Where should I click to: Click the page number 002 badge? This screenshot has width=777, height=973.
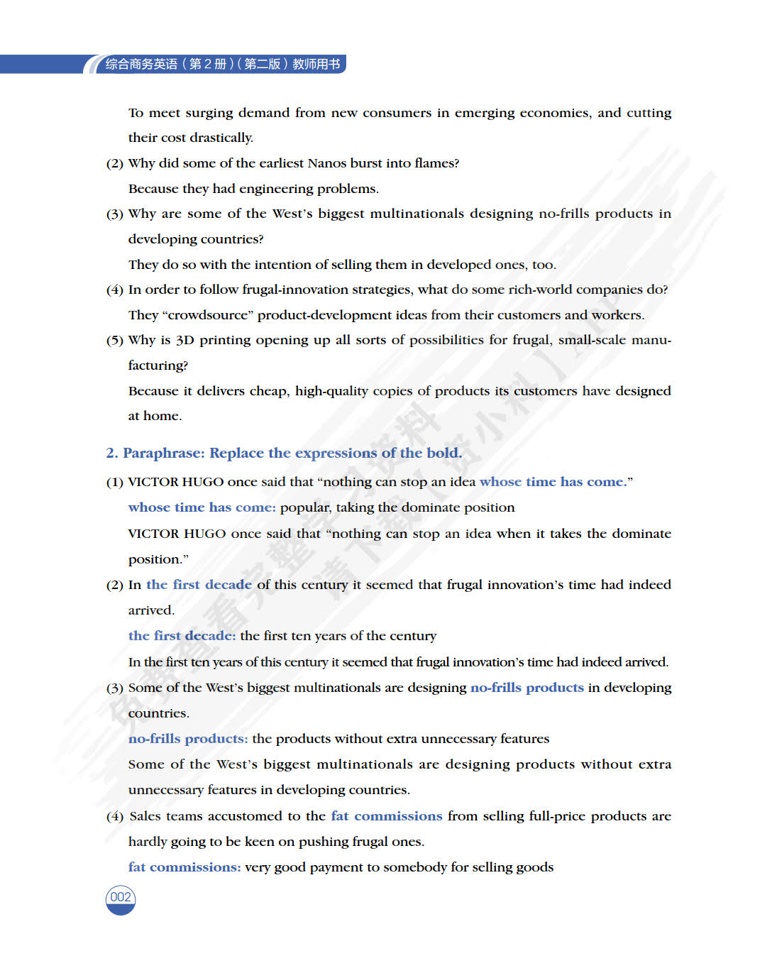(121, 898)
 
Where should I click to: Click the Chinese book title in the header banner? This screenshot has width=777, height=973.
(222, 64)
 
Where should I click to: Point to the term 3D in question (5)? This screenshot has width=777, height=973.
(184, 340)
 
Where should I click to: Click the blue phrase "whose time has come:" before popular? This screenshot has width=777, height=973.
(202, 507)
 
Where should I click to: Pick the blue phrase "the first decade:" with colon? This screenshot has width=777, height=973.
(182, 636)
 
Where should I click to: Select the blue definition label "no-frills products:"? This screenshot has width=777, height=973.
(188, 739)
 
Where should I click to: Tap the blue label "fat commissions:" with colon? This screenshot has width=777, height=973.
(184, 867)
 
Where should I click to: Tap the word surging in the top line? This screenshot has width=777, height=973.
(209, 113)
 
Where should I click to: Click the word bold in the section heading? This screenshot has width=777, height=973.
(443, 453)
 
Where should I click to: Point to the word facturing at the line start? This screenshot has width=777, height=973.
(158, 365)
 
